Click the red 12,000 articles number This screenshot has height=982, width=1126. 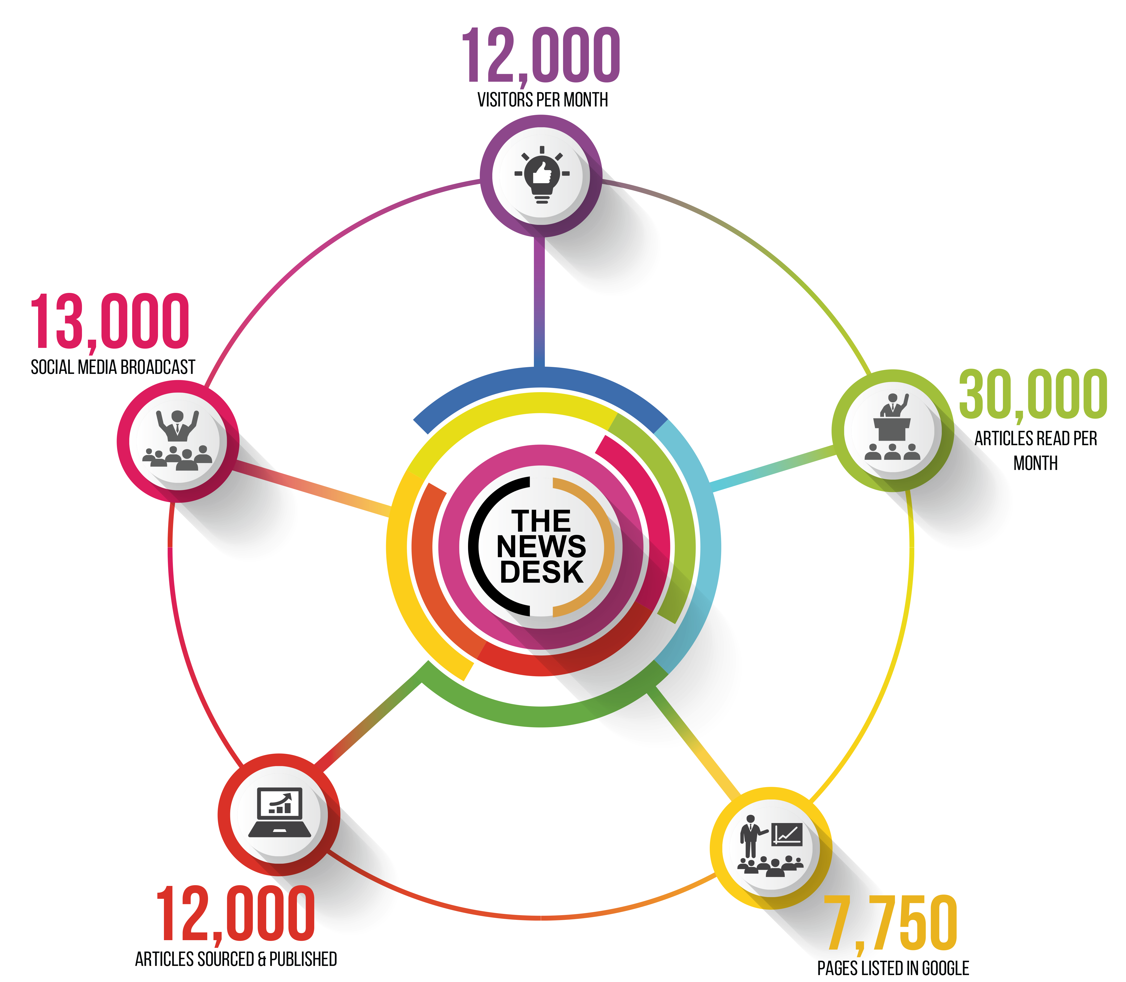tap(236, 914)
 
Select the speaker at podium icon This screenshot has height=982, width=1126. tap(892, 427)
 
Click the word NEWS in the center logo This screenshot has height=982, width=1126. tap(541, 546)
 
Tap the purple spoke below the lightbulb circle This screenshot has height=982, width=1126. tap(539, 301)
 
